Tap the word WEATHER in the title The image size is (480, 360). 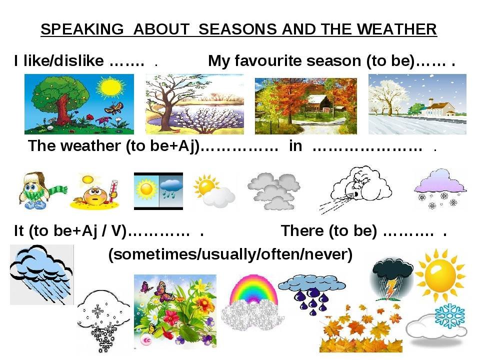pos(396,29)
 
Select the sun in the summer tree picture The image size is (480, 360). pos(110,87)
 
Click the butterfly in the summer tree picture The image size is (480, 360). pos(114,108)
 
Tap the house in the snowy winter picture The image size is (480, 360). pos(438,108)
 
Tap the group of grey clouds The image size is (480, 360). pos(273,191)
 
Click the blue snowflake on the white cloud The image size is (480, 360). pos(449,316)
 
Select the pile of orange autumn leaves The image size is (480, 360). pos(360,329)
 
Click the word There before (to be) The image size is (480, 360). pos(302,231)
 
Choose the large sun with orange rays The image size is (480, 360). pos(440,274)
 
